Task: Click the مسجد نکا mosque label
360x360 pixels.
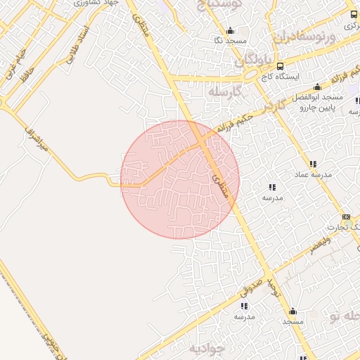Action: coord(231,41)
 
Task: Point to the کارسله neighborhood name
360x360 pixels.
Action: coord(225,92)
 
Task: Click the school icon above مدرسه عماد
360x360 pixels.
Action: coord(312,164)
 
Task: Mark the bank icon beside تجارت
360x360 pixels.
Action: coord(346,217)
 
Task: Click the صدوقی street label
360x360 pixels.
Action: coord(250,283)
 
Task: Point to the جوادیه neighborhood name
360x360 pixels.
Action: coord(206,348)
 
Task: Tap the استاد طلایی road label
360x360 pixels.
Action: coord(76,46)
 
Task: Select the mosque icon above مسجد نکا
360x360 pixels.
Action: coord(230,30)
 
